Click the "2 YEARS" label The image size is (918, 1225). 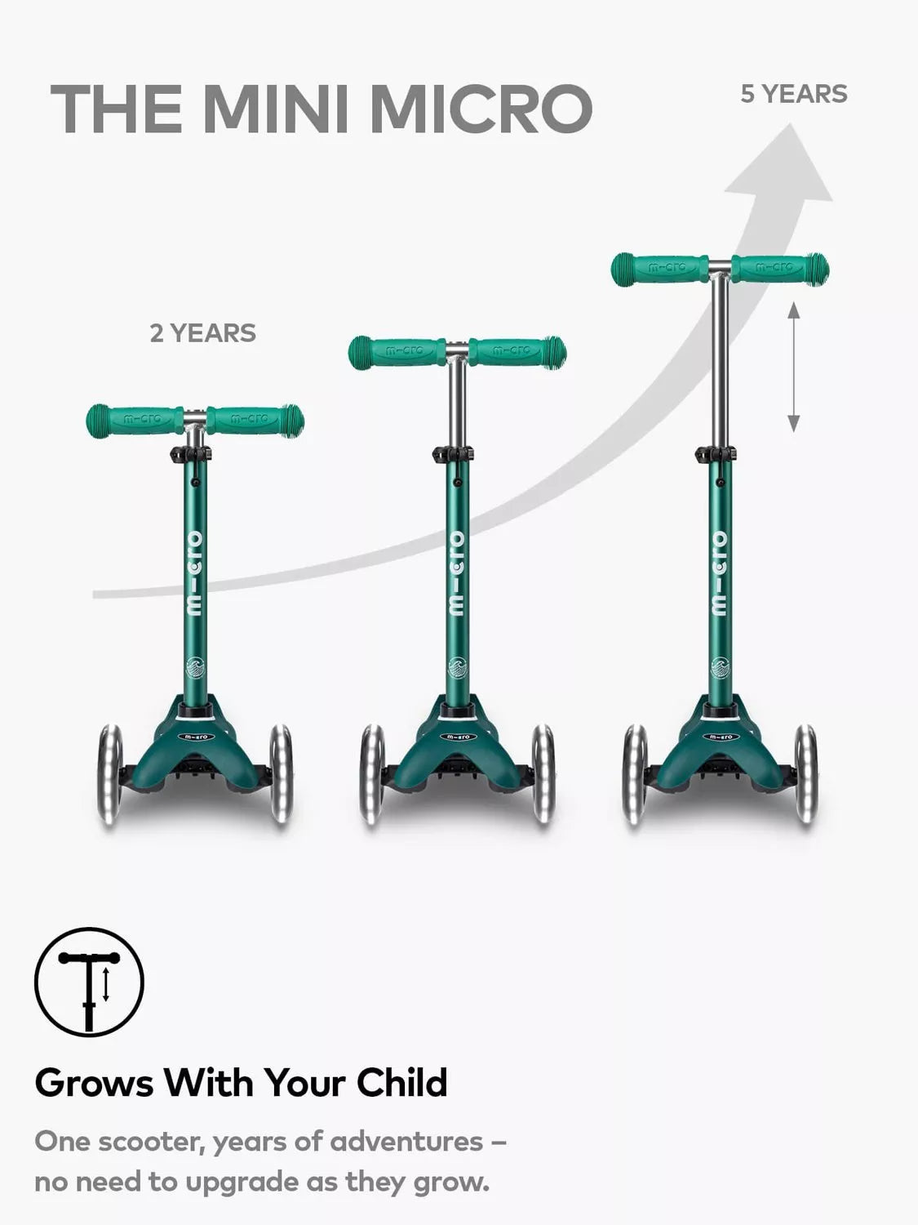(203, 333)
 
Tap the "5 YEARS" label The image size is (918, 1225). (794, 94)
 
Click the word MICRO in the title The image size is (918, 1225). (481, 109)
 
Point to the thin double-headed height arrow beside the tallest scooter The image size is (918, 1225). (794, 367)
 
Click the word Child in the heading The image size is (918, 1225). (401, 1083)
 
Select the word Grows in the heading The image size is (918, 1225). (94, 1083)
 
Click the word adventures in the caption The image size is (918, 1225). (406, 1142)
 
